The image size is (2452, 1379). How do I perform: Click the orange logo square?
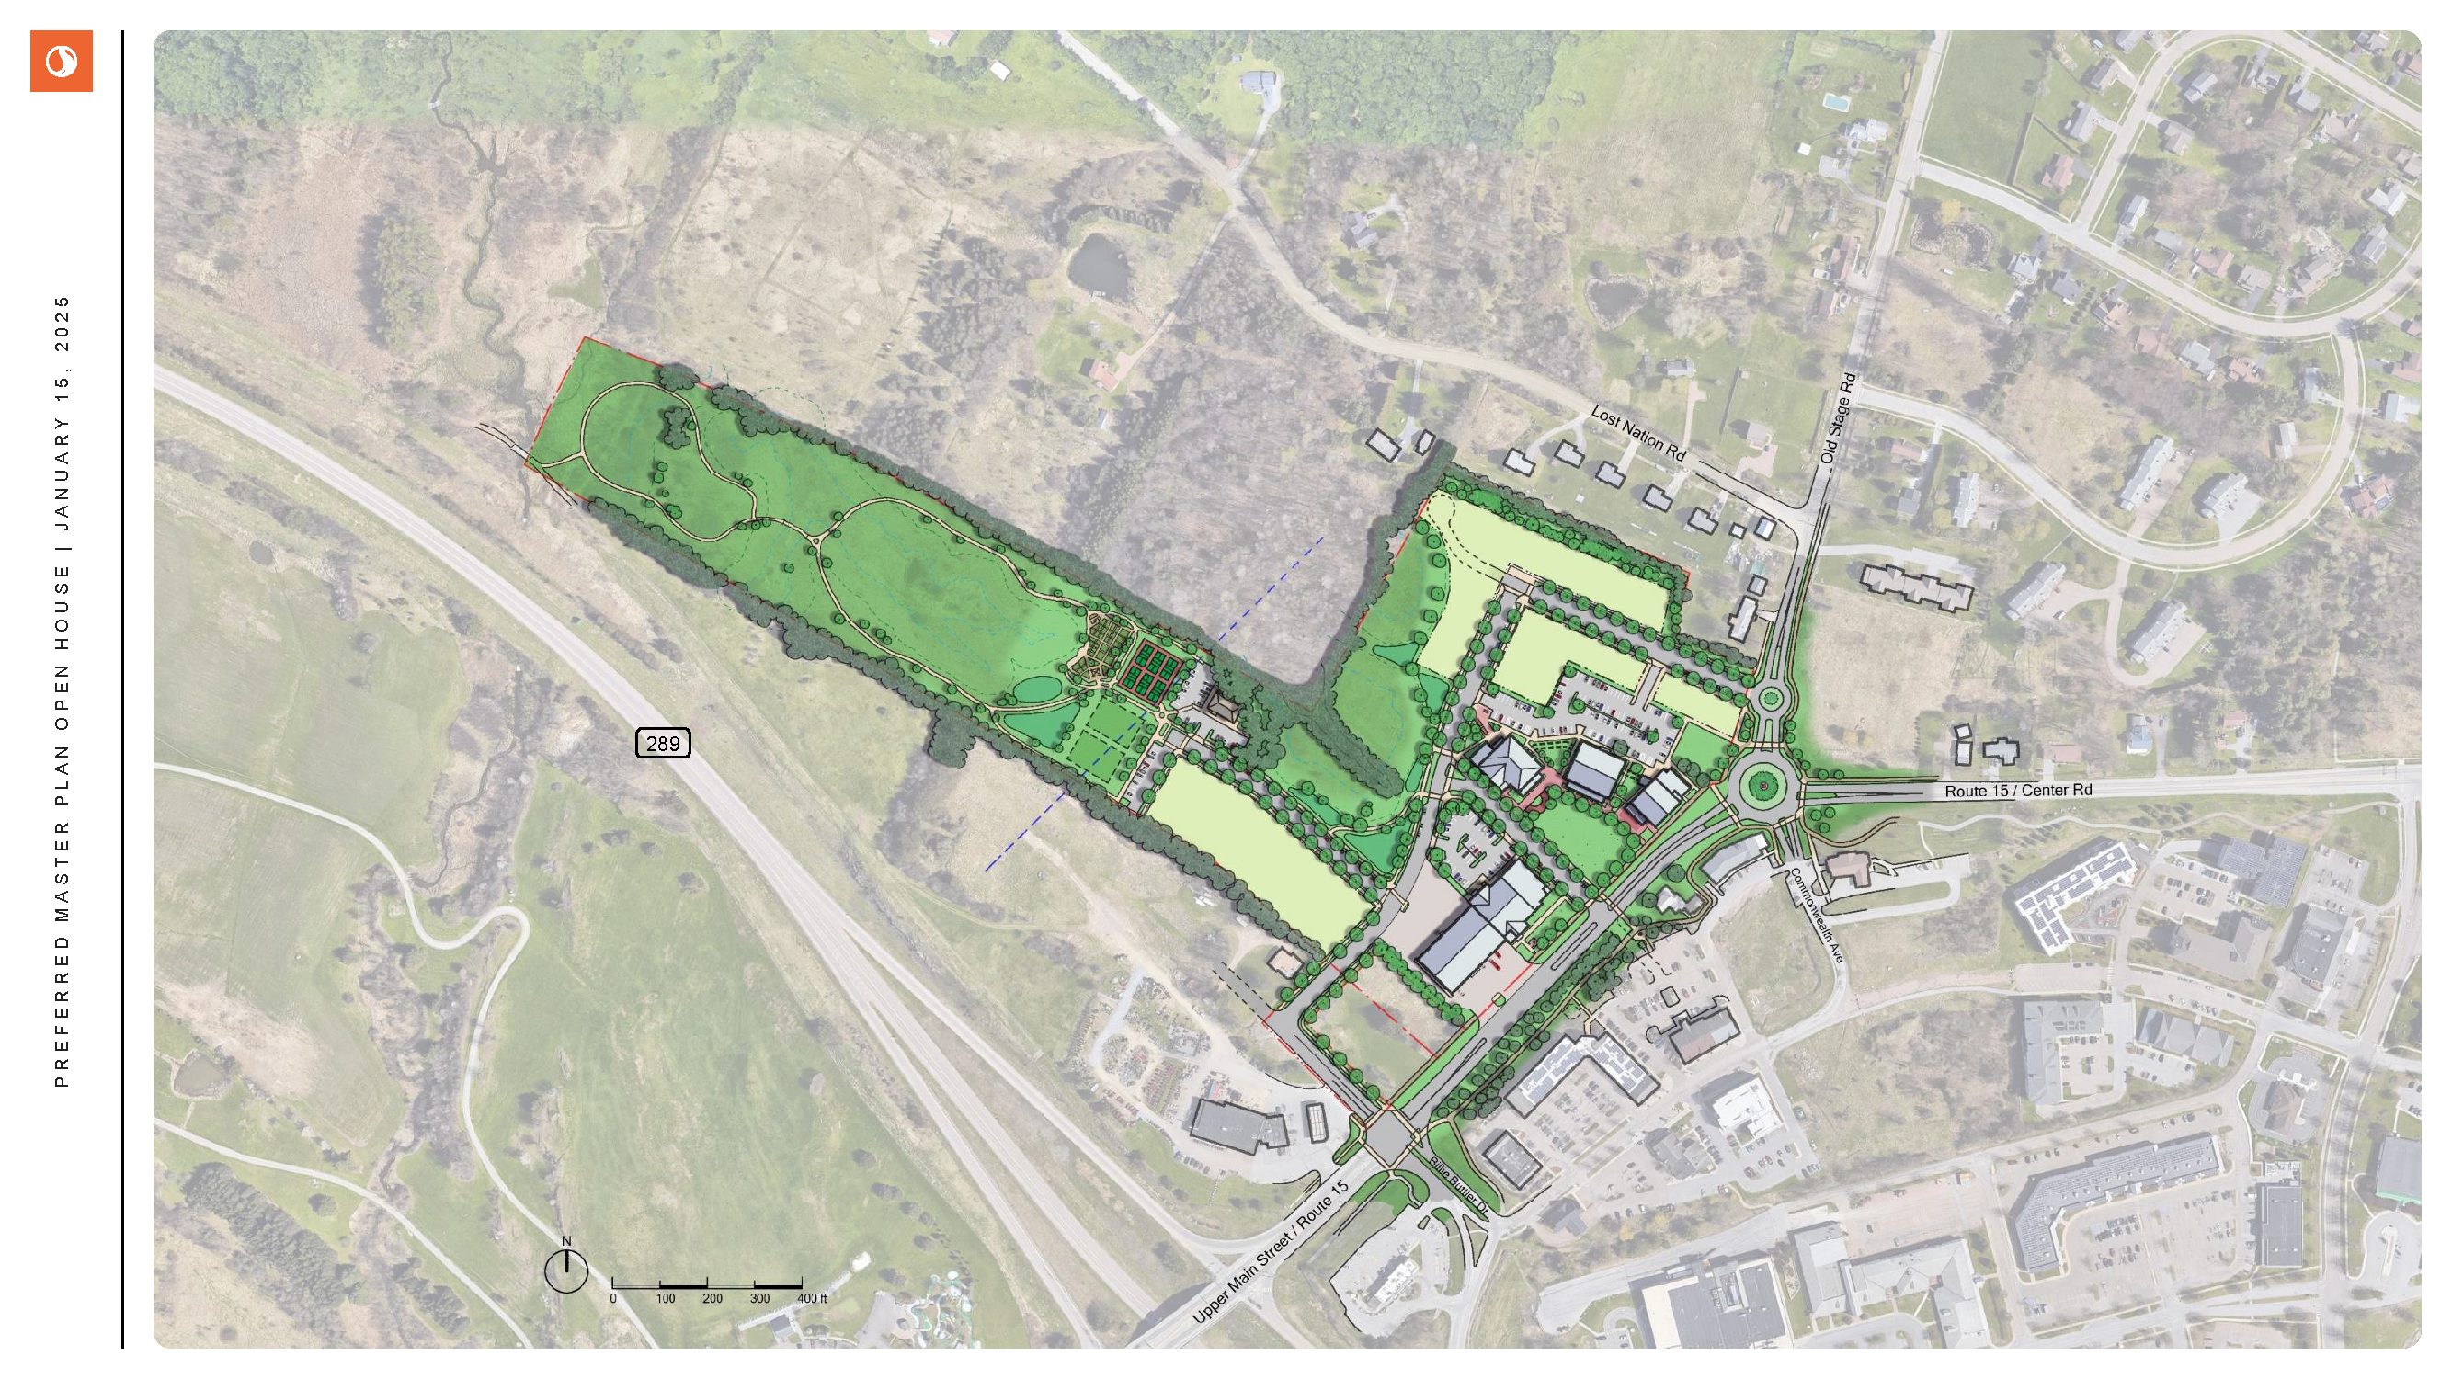(x=61, y=61)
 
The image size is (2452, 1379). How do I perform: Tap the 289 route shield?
(x=663, y=743)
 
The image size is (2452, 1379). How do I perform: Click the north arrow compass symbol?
(x=566, y=1271)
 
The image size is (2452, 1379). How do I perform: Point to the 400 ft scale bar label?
(x=811, y=1298)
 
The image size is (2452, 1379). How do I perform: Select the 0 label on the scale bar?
(x=613, y=1298)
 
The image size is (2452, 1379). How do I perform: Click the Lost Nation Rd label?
(x=1638, y=434)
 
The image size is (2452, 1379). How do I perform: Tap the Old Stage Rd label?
(x=1838, y=418)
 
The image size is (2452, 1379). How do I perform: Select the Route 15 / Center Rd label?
(x=2017, y=791)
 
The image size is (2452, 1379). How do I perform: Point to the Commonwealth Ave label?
(x=1817, y=915)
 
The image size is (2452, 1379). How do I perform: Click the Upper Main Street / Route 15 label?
(x=1270, y=1251)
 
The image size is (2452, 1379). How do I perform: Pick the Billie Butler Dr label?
(x=1457, y=1185)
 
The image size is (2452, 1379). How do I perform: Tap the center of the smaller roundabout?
(x=1771, y=700)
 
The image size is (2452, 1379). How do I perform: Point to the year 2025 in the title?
(x=62, y=324)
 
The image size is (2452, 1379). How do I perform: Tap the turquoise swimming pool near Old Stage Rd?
(x=1834, y=100)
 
